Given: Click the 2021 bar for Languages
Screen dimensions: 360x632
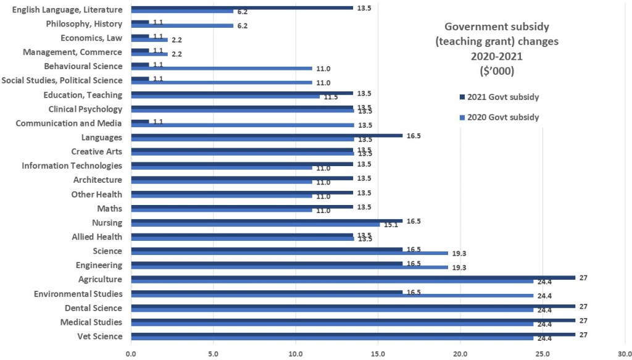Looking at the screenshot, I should (x=267, y=135).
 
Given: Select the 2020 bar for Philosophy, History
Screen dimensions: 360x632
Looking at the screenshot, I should (x=182, y=26).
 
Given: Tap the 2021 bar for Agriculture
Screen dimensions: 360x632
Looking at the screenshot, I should (x=353, y=277).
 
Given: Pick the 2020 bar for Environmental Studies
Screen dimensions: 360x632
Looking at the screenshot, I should (x=332, y=296).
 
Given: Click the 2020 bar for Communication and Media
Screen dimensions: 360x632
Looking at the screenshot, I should (x=242, y=125).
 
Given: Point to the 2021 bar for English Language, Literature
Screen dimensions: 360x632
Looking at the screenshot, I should (x=242, y=8).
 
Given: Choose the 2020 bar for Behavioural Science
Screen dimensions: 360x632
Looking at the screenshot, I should (x=222, y=69).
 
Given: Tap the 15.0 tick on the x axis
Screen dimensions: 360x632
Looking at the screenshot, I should (x=378, y=354).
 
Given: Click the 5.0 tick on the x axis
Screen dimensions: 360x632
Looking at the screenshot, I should (x=213, y=354).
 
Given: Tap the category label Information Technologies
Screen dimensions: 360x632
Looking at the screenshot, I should (x=72, y=166).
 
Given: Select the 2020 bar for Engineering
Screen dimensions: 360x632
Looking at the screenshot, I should (x=289, y=267).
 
